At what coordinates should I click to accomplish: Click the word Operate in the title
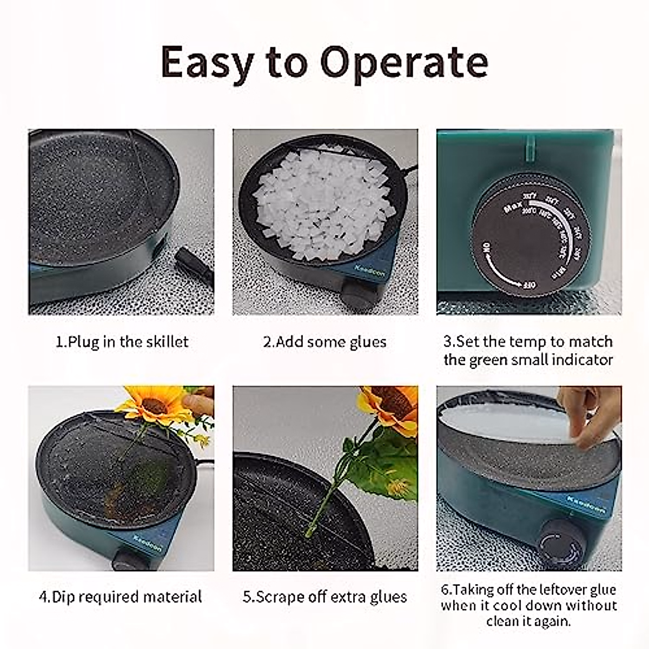point(405,62)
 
